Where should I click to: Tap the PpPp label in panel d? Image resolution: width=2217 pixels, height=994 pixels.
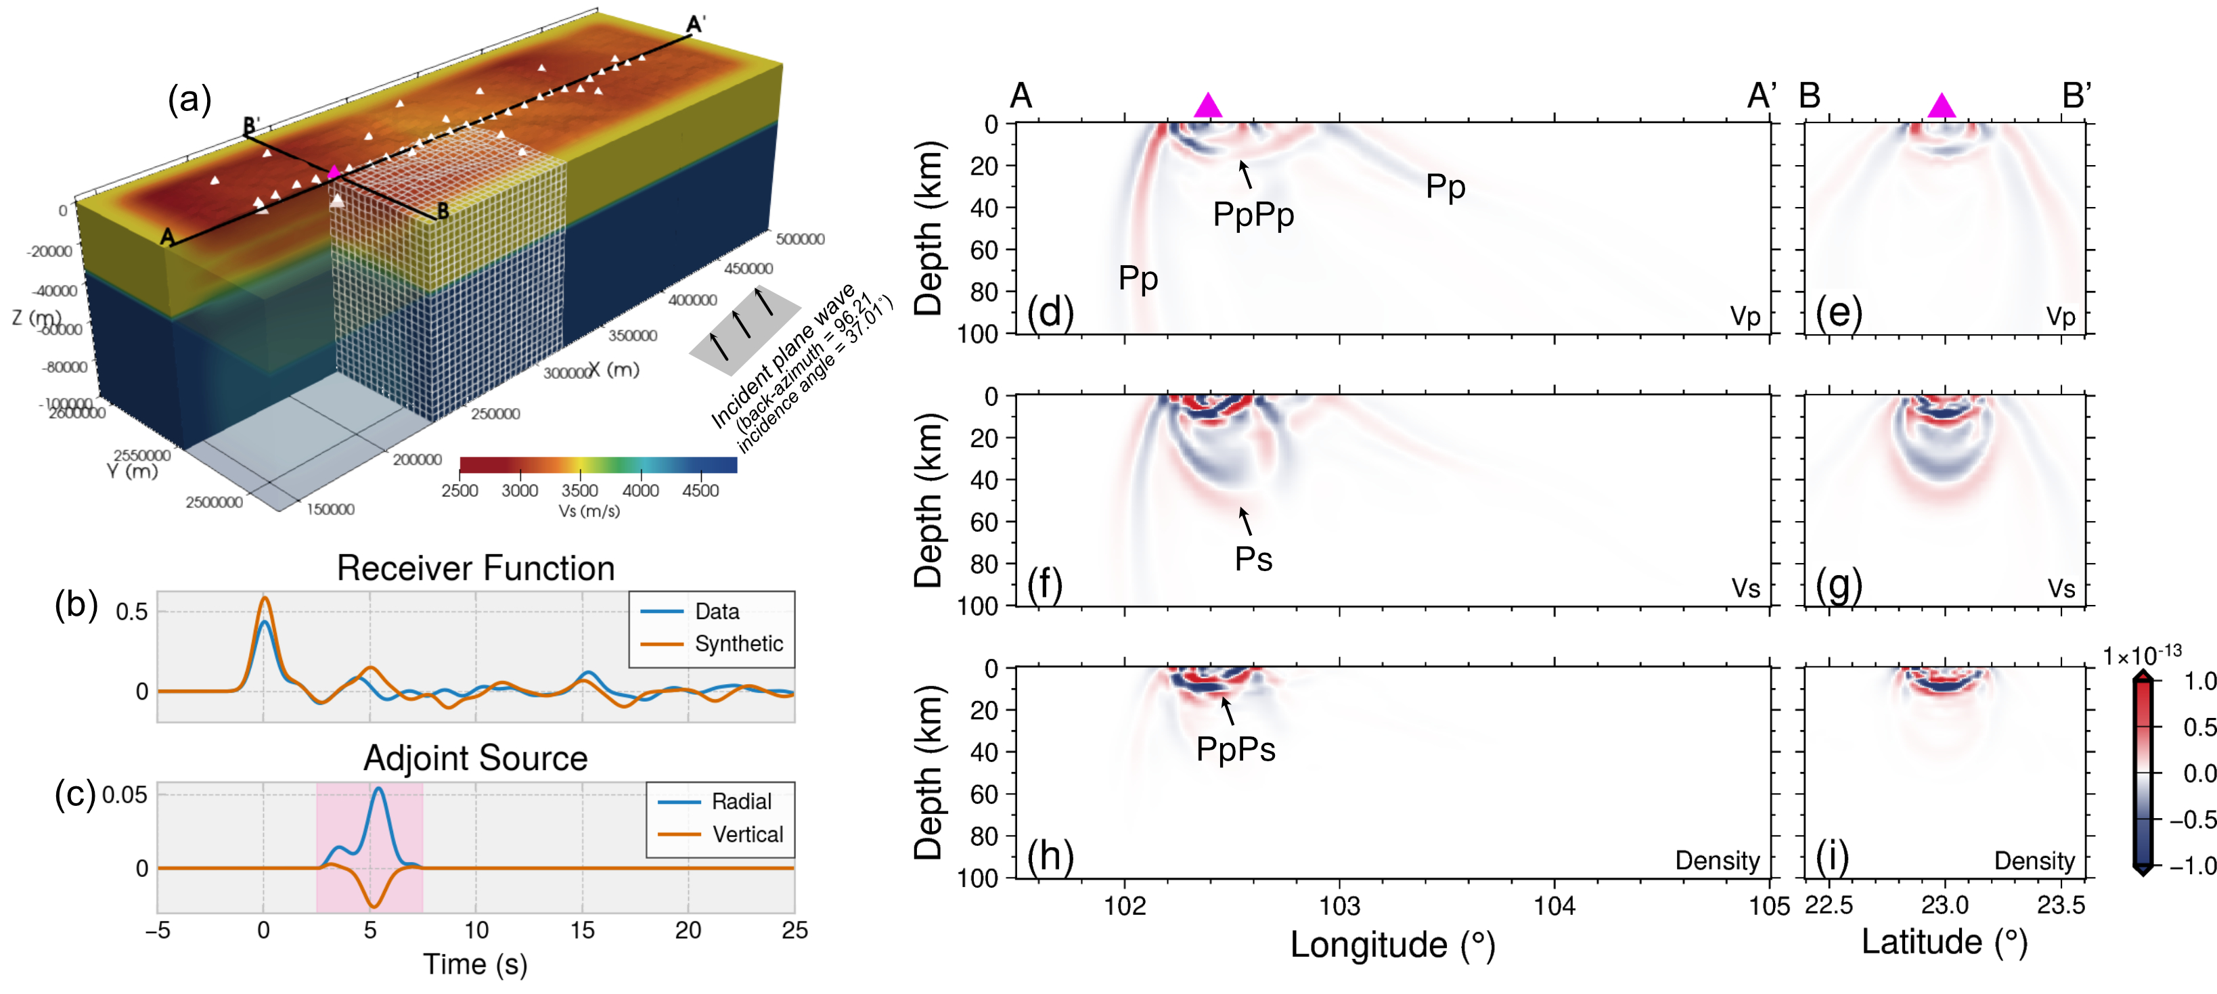coord(1253,214)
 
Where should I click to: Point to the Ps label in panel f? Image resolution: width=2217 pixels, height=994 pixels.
coord(1253,560)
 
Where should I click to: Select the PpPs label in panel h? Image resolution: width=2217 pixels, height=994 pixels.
coord(1235,750)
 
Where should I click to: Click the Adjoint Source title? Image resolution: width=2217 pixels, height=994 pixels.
coord(475,759)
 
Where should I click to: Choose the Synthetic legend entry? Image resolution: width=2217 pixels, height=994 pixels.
coord(738,643)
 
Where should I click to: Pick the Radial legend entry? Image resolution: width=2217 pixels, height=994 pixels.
coord(741,801)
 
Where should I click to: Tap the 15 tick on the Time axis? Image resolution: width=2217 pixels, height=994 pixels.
coord(582,930)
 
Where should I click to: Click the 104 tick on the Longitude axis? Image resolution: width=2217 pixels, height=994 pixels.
coord(1554,906)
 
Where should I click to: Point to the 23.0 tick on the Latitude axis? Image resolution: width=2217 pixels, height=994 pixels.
coord(1944,905)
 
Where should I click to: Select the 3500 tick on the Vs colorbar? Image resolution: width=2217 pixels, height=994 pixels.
coord(579,491)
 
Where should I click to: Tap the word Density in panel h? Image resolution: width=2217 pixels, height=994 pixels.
coord(1717,861)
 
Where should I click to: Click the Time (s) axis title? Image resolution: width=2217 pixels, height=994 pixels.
coord(475,964)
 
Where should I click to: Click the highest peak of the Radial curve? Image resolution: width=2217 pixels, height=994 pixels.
coord(378,788)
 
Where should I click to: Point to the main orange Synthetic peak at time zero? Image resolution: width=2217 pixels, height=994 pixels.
coord(265,598)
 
